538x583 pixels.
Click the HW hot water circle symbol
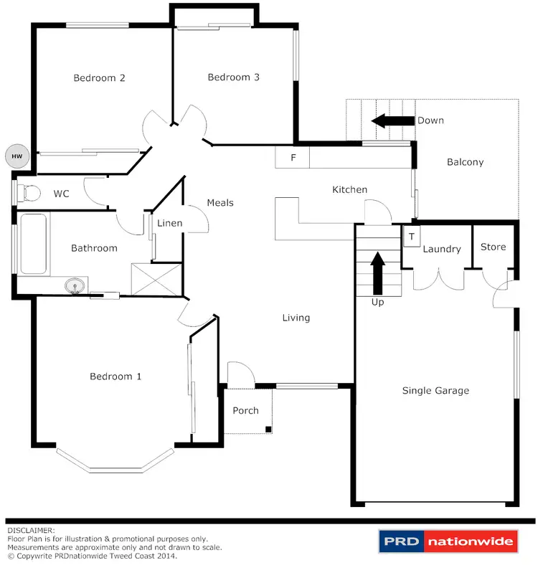(x=15, y=154)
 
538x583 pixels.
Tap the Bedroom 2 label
(x=100, y=78)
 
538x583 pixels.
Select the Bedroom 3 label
(x=233, y=77)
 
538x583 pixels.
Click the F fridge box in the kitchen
(x=293, y=158)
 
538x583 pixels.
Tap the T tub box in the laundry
(x=412, y=237)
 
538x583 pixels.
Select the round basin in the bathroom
(x=75, y=287)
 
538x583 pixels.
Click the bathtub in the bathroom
(x=33, y=244)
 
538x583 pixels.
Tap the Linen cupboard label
(x=170, y=223)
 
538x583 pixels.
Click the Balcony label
(x=465, y=162)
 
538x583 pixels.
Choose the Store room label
(x=493, y=247)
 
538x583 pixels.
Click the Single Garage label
(x=435, y=391)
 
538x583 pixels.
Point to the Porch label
(x=246, y=411)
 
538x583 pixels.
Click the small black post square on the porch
(x=268, y=429)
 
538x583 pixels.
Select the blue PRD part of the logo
(x=401, y=542)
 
